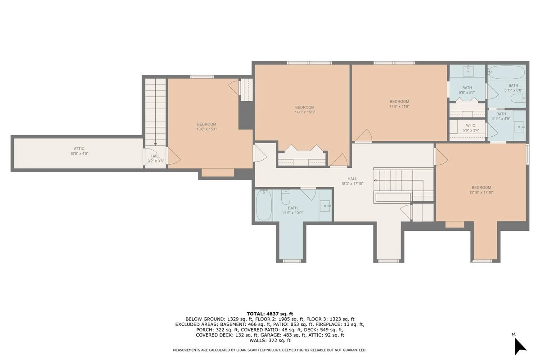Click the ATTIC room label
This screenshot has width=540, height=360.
[79, 148]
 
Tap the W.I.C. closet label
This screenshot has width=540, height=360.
[471, 126]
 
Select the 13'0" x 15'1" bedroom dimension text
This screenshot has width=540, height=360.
[207, 129]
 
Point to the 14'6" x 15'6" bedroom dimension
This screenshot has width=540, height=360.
[305, 112]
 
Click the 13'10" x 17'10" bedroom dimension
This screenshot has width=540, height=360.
[481, 193]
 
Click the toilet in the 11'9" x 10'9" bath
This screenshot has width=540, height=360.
[286, 197]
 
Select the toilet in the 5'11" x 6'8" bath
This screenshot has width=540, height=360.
[518, 99]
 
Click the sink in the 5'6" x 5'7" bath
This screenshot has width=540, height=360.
[468, 70]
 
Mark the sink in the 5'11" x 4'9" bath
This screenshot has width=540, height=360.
[519, 126]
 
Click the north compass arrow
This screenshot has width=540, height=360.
[520, 346]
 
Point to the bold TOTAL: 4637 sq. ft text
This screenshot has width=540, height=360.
[270, 314]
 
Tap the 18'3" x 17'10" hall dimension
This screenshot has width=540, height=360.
[352, 184]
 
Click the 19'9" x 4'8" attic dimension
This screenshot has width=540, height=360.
[79, 153]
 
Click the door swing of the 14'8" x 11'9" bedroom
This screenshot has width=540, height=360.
[363, 135]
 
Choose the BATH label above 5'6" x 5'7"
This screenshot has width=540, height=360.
[467, 88]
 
